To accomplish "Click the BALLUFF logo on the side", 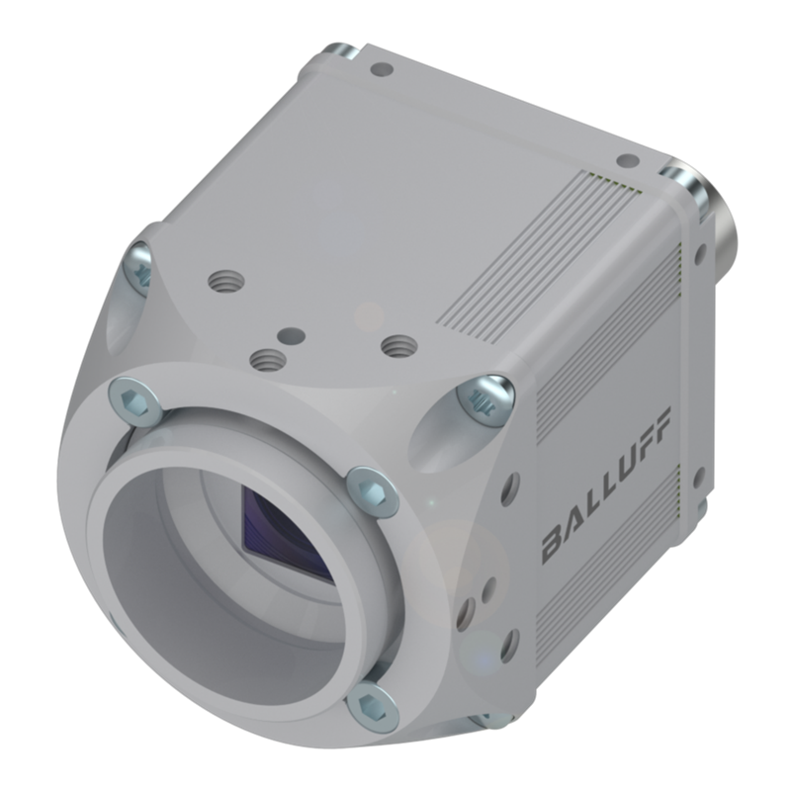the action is click(605, 485).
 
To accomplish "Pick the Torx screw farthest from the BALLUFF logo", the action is click(137, 266).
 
